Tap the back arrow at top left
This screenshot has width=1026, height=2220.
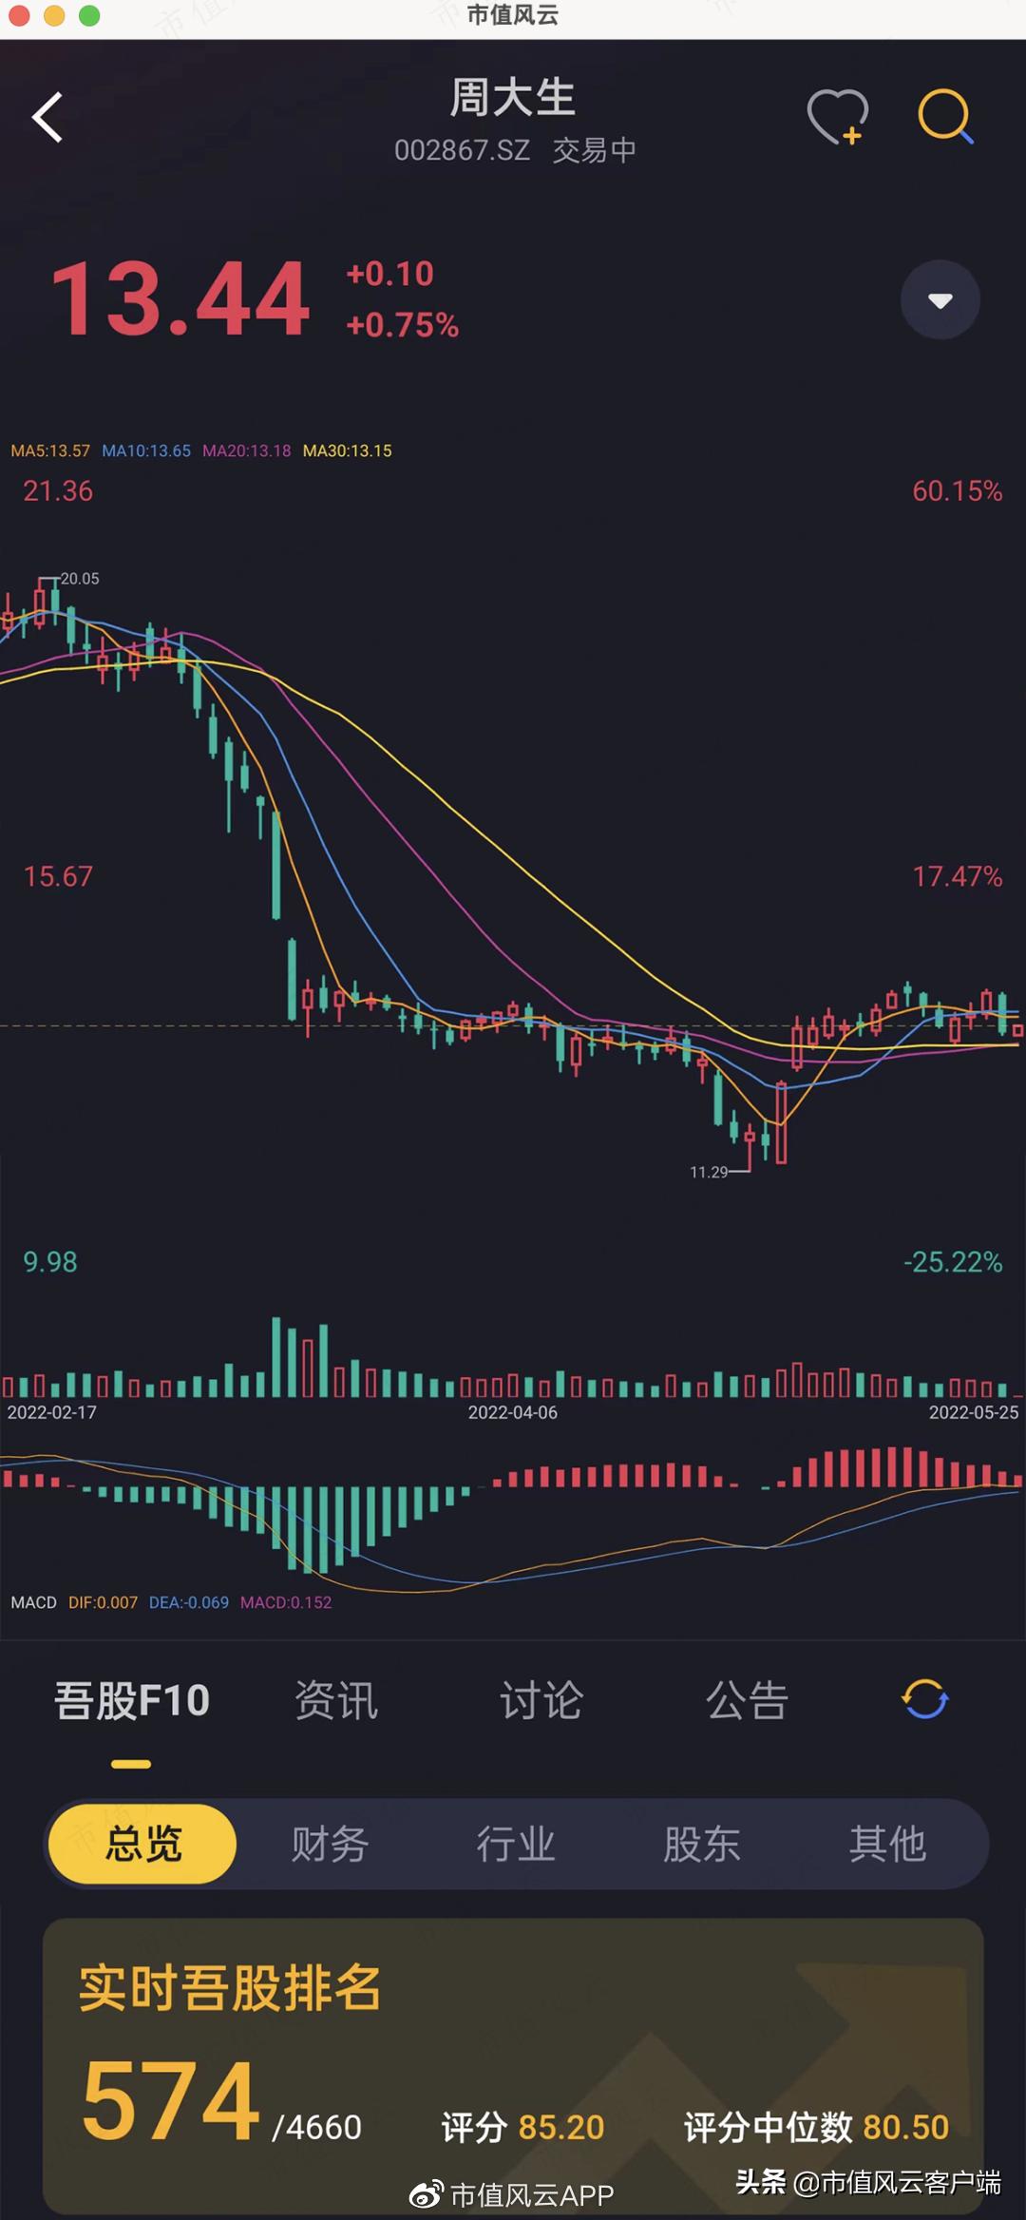coord(47,117)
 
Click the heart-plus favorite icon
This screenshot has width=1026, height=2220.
coord(837,117)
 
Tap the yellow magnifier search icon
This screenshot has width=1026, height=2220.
coord(945,117)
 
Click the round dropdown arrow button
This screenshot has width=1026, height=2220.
coord(940,300)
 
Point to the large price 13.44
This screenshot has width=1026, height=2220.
coord(180,300)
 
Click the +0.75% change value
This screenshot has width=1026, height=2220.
coord(403,325)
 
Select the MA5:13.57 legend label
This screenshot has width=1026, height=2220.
coord(50,450)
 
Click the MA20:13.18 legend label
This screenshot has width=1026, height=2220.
coord(246,450)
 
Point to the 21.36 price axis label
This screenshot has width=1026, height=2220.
coord(58,491)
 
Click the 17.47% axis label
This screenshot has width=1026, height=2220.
coord(957,876)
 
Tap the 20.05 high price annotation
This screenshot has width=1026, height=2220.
coord(80,579)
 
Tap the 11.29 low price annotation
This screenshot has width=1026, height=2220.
coord(709,1173)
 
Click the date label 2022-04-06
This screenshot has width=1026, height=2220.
coord(512,1413)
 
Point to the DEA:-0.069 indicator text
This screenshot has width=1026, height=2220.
coord(188,1602)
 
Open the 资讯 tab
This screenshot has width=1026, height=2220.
coord(336,1700)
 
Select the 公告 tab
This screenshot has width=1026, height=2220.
coord(747,1700)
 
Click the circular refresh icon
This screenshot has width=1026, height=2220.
coord(924,1699)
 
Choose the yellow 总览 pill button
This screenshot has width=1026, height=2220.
coord(142,1844)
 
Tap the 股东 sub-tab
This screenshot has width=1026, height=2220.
coord(701,1844)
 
